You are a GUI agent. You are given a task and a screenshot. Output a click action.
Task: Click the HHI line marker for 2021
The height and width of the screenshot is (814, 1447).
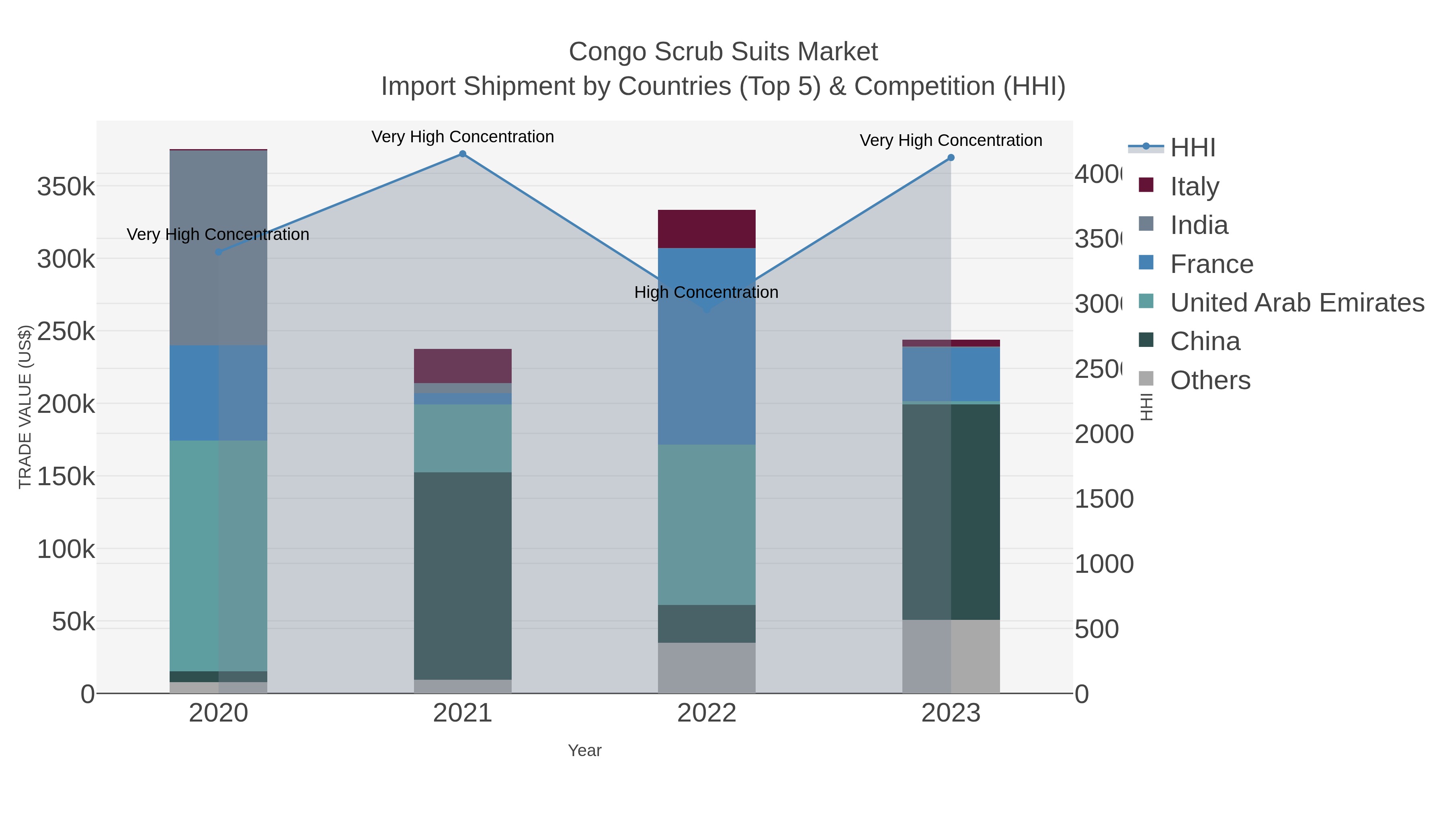pyautogui.click(x=462, y=154)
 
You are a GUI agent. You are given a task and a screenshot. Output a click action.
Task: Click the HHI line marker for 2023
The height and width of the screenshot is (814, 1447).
pyautogui.click(x=951, y=158)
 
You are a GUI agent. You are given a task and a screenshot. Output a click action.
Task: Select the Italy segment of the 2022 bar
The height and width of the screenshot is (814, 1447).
pyautogui.click(x=706, y=229)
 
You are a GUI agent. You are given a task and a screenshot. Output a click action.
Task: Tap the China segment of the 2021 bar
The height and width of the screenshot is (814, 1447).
pyautogui.click(x=462, y=575)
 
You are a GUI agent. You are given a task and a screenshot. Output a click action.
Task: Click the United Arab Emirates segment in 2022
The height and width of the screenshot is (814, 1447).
pyautogui.click(x=706, y=524)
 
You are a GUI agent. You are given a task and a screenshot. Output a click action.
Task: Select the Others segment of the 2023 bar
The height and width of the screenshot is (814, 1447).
pyautogui.click(x=951, y=656)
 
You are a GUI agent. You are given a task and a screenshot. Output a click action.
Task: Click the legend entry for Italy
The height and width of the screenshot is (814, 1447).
pyautogui.click(x=1194, y=187)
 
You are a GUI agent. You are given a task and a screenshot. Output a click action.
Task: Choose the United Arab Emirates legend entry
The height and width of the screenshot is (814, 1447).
pyautogui.click(x=1296, y=303)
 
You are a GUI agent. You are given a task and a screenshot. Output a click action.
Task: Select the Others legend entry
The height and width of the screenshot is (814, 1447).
pyautogui.click(x=1209, y=380)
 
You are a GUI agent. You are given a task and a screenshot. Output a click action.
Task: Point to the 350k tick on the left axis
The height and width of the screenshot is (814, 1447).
pyautogui.click(x=66, y=187)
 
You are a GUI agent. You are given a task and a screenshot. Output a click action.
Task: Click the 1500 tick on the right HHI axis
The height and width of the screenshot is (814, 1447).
pyautogui.click(x=1103, y=499)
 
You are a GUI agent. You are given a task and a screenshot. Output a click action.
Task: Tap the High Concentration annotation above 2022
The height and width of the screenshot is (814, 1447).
pyautogui.click(x=706, y=292)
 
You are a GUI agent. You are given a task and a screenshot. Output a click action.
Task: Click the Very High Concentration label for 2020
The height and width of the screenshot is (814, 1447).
pyautogui.click(x=218, y=234)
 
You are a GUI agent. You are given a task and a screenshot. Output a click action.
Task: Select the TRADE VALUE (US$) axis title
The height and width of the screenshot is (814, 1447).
pyautogui.click(x=25, y=407)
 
